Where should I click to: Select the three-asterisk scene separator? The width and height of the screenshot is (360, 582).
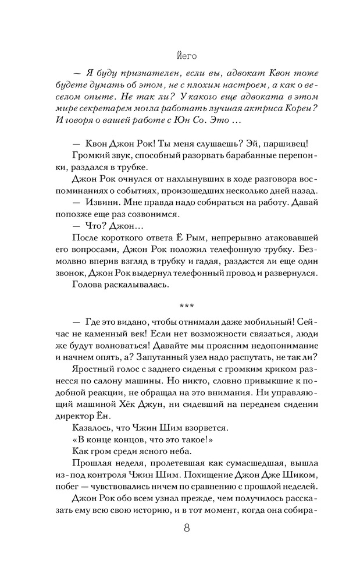point(186,304)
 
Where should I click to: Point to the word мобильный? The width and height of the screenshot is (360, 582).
point(258,321)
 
